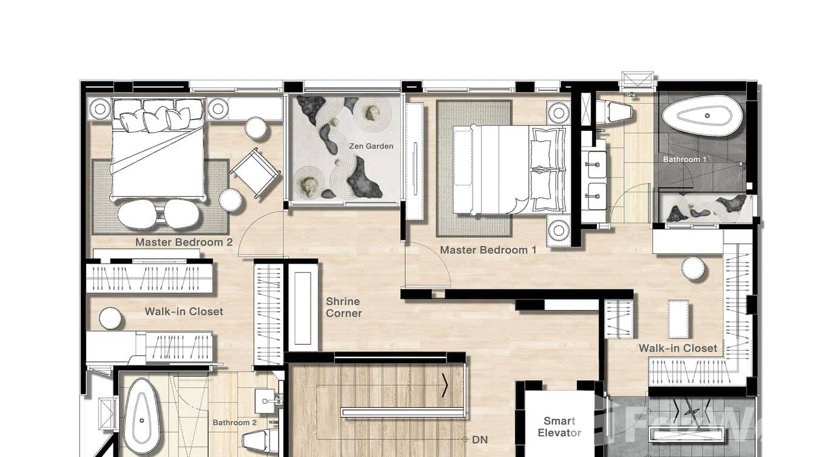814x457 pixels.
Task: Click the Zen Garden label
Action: [371, 146]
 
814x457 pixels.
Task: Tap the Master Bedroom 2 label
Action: [184, 242]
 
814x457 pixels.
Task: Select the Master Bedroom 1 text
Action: [488, 250]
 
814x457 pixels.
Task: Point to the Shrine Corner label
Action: [343, 307]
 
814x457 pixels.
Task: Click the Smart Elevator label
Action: [559, 427]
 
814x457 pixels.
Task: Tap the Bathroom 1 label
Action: [684, 159]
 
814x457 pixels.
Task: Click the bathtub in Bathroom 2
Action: [142, 417]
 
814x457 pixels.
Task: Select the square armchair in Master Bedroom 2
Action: [255, 172]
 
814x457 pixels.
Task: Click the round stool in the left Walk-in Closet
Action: [110, 318]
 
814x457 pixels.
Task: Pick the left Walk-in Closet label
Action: [184, 312]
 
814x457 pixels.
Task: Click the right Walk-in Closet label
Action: [678, 349]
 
